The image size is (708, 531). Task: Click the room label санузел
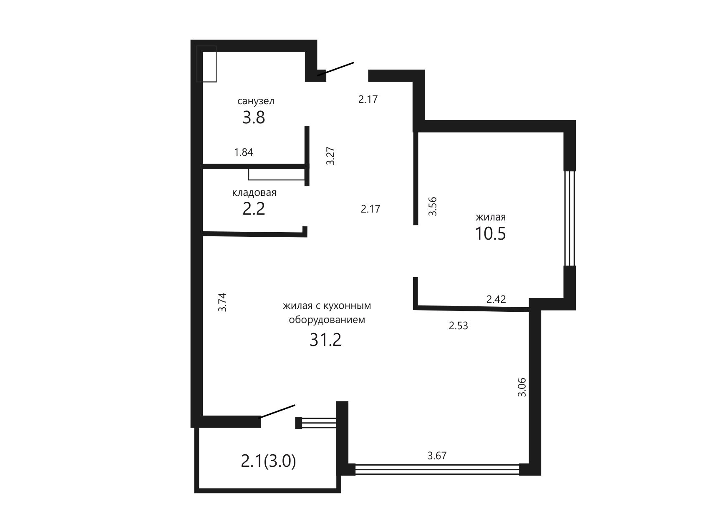click(256, 101)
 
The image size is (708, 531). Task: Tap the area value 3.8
click(254, 118)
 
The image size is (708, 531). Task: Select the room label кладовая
click(254, 193)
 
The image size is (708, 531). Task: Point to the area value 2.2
click(254, 208)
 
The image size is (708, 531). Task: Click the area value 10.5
click(490, 233)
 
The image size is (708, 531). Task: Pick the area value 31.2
click(325, 340)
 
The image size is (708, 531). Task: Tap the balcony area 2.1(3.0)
click(269, 461)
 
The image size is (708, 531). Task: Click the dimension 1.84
click(244, 152)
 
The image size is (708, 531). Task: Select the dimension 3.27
click(331, 156)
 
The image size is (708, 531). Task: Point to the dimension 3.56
click(433, 206)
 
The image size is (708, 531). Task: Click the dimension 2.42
click(496, 299)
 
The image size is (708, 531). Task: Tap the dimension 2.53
click(459, 326)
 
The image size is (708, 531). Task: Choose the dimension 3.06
click(522, 387)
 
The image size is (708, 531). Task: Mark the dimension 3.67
click(437, 456)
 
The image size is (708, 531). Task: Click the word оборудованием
click(327, 320)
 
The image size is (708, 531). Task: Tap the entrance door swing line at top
click(336, 69)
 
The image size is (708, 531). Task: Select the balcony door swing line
click(278, 411)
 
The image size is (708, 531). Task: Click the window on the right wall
click(569, 218)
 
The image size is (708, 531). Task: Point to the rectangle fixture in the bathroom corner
click(207, 64)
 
